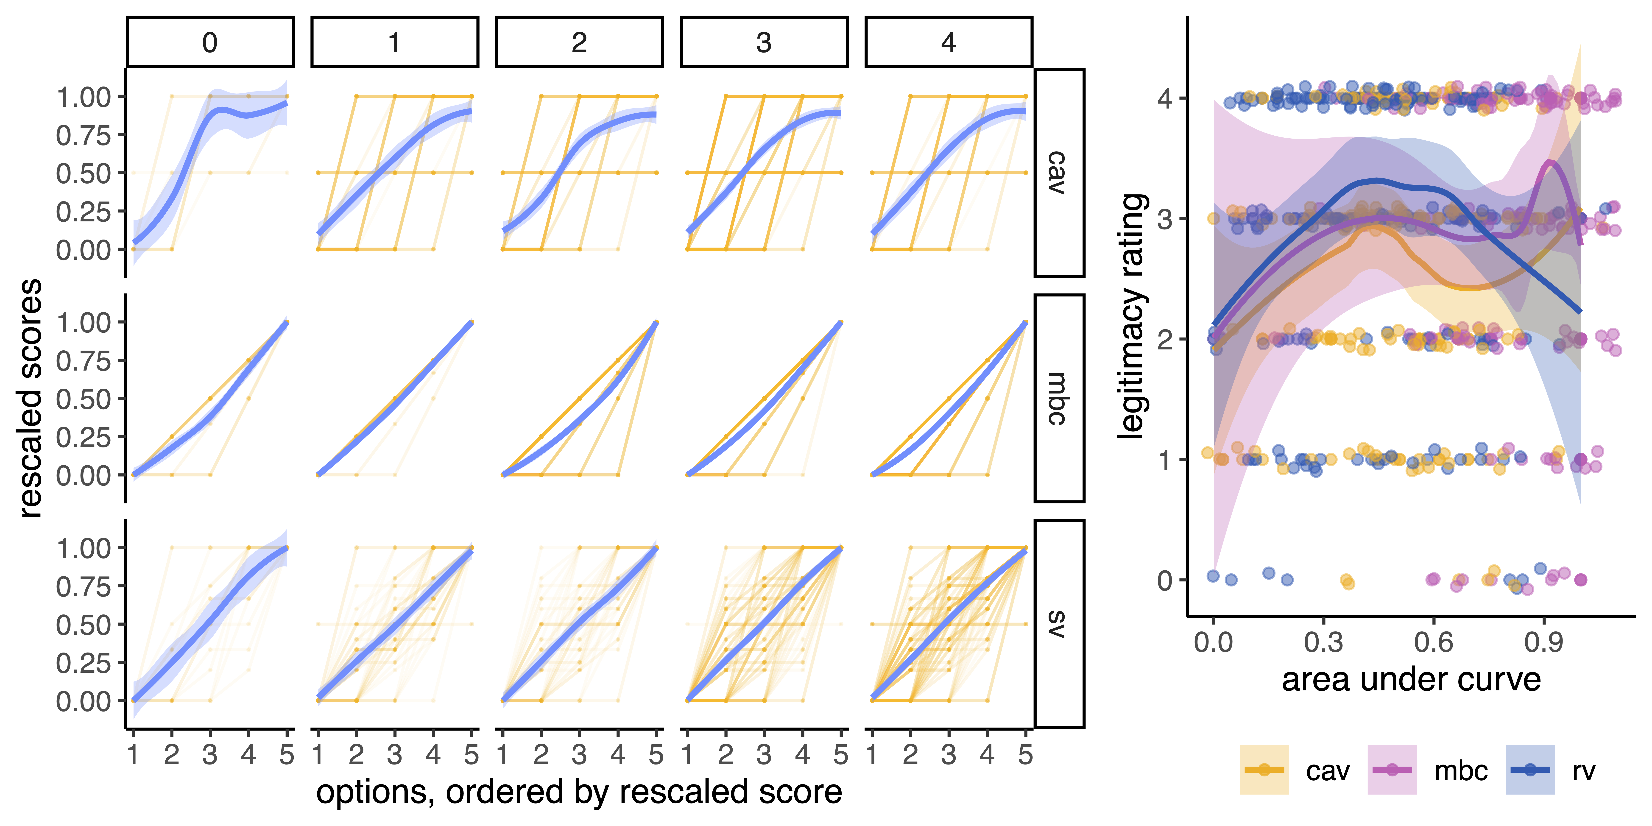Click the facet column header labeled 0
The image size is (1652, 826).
click(x=210, y=42)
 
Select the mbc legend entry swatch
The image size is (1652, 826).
click(x=1392, y=770)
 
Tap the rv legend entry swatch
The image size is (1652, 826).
click(x=1529, y=770)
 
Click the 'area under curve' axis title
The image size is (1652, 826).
click(x=1411, y=680)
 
